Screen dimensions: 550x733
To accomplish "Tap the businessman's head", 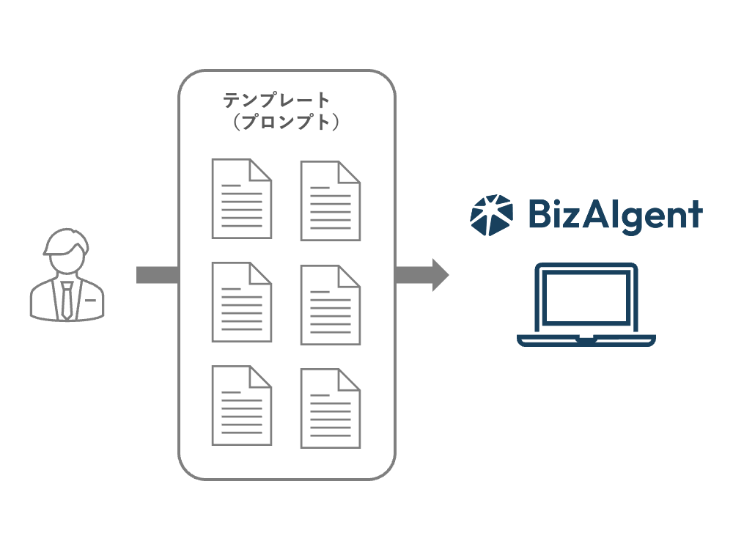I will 67,250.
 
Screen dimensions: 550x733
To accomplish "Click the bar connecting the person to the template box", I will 158,275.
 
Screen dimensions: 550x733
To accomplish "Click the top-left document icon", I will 241,199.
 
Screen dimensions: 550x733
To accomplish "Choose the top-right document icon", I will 331,200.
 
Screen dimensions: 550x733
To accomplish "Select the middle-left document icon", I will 241,302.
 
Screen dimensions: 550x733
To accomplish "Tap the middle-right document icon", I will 331,304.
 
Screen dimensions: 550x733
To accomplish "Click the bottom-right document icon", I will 331,408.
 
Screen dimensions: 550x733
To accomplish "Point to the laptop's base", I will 586,340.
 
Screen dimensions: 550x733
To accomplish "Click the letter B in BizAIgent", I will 539,214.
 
